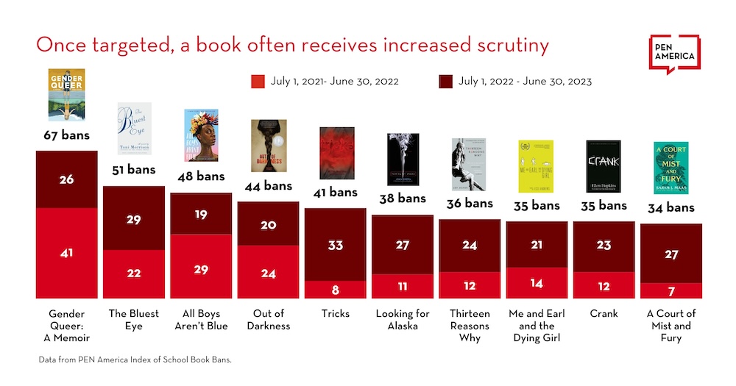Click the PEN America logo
point(674,54)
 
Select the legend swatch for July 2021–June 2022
point(257,81)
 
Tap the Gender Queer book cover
point(66,95)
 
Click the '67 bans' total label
point(66,136)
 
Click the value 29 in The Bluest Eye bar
point(133,220)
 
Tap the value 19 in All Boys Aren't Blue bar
point(201,215)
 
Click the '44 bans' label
point(268,186)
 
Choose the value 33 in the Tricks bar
point(336,245)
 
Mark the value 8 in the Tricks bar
point(336,289)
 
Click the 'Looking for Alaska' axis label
point(402,320)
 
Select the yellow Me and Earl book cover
point(536,166)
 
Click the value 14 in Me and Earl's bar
point(536,283)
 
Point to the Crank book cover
point(604,166)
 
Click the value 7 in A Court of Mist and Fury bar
point(671,291)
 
